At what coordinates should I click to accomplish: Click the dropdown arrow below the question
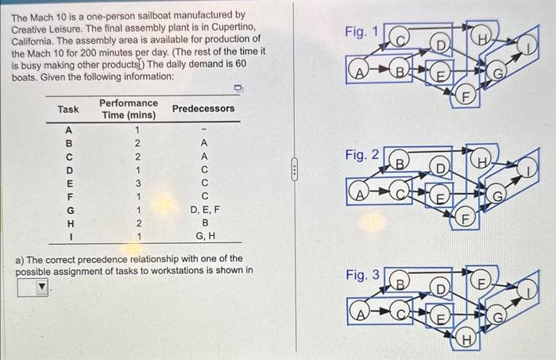[42, 286]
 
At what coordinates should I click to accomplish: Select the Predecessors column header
[203, 109]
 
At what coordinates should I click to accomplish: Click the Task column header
[68, 109]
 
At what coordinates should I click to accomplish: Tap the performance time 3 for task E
[138, 184]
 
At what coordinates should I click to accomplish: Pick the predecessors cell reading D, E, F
[205, 210]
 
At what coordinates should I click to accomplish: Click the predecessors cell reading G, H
[205, 236]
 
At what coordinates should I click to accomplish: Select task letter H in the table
[70, 224]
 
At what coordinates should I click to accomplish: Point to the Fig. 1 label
[361, 32]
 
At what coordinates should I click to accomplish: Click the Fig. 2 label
[362, 155]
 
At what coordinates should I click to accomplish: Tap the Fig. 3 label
[362, 275]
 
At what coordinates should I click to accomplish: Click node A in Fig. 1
[358, 72]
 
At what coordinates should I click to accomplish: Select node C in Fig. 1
[400, 36]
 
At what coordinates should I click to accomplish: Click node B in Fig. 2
[400, 160]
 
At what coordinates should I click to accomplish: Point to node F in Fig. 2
[465, 219]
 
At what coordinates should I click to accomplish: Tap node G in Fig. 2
[497, 195]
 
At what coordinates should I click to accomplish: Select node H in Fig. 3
[465, 340]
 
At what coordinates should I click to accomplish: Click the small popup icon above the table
[239, 88]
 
